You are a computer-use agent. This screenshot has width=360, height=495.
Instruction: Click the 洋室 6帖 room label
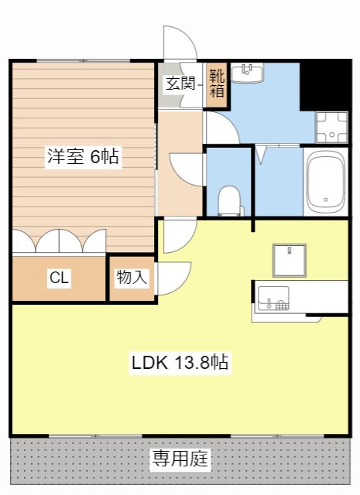tap(81, 157)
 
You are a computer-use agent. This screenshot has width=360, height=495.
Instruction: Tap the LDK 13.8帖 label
tap(179, 362)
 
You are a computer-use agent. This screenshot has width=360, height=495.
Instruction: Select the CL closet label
tap(59, 278)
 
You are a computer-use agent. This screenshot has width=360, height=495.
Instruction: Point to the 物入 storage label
tap(132, 278)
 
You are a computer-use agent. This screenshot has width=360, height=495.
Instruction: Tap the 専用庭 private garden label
tap(180, 459)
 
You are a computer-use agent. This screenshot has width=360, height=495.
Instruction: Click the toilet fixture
tap(230, 200)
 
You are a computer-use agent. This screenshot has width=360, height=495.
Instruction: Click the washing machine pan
tap(331, 127)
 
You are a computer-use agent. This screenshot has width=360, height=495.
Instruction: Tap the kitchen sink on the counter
tap(272, 298)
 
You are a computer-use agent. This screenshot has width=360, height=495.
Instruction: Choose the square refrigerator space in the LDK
tap(288, 260)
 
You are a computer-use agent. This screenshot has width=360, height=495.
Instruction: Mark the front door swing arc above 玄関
tap(180, 43)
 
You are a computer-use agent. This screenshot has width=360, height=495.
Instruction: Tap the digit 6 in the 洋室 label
tap(95, 157)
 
